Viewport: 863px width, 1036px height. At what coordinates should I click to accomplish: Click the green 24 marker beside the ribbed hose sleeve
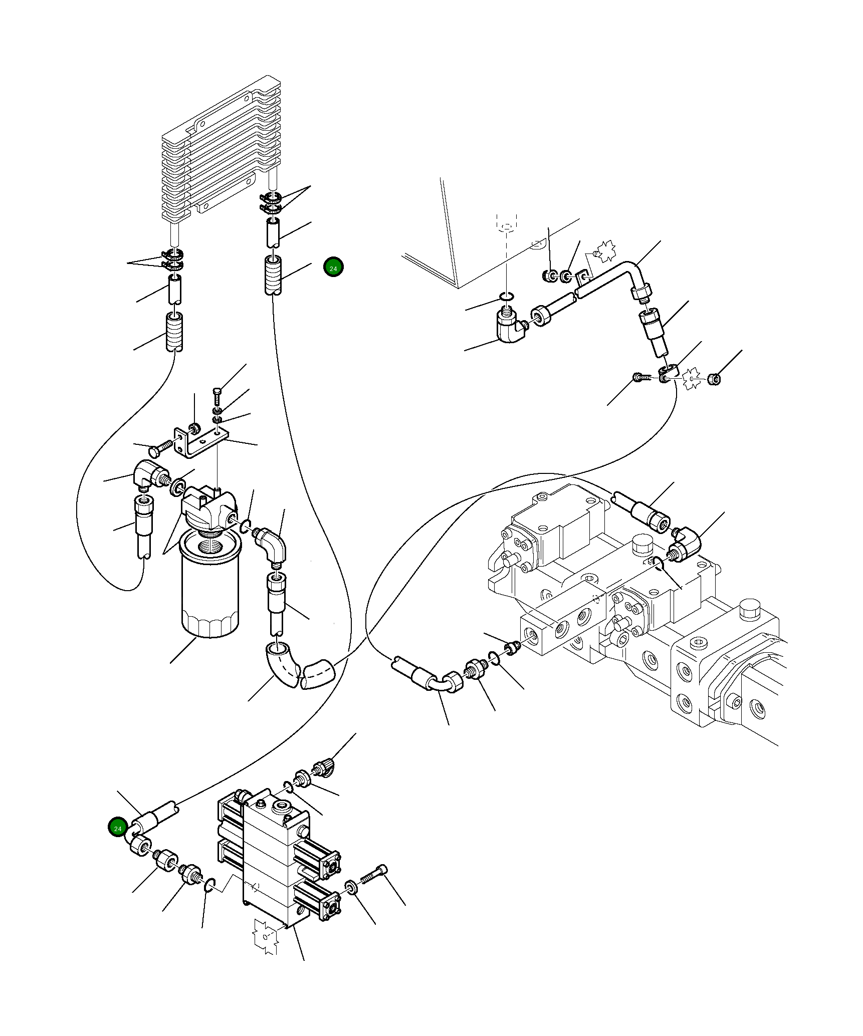pos(333,268)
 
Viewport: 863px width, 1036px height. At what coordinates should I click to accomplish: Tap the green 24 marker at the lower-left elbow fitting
pos(118,828)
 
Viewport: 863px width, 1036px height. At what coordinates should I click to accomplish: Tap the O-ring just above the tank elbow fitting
pos(506,299)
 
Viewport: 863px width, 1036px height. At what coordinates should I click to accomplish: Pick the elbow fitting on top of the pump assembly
pos(685,545)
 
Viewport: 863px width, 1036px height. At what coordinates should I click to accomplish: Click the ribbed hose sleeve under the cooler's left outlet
pos(174,332)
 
